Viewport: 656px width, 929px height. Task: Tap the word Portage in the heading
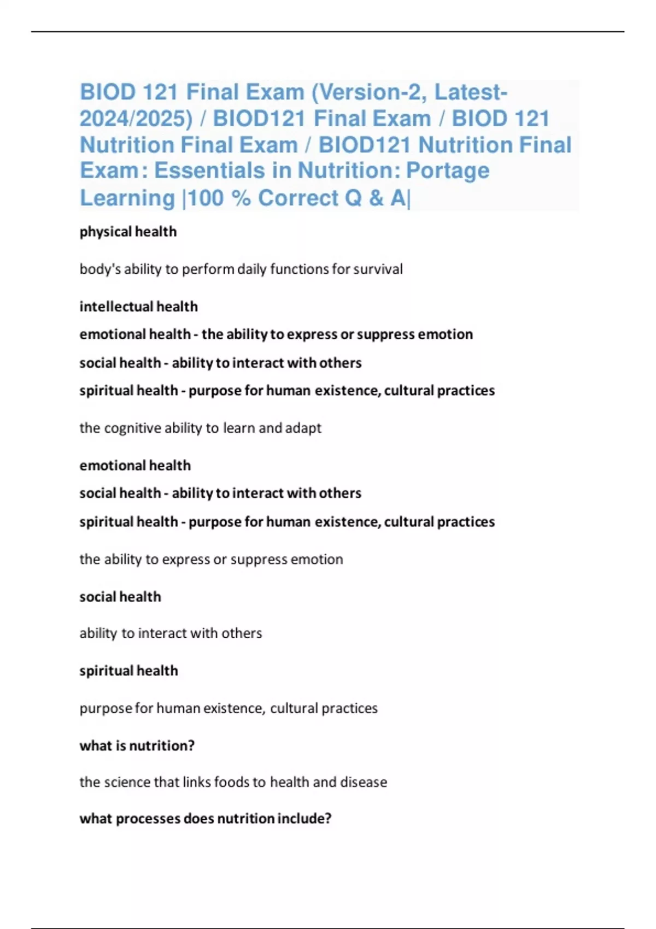tap(448, 170)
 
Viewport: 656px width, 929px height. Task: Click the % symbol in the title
tap(241, 198)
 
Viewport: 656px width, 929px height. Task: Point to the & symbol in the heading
tap(376, 198)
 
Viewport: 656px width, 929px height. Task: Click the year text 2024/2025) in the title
tap(136, 119)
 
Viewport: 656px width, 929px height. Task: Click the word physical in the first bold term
tap(105, 232)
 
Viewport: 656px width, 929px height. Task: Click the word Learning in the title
tap(127, 198)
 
